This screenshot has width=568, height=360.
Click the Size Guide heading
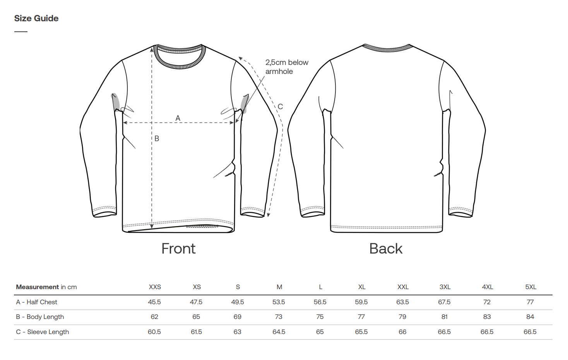pos(36,18)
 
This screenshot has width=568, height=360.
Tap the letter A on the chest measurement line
pos(178,118)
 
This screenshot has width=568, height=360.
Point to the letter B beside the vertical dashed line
pos(157,138)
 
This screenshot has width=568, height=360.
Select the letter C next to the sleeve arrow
pos(280,106)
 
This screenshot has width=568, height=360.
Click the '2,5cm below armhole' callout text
pos(287,67)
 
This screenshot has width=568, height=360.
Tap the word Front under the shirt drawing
pos(178,249)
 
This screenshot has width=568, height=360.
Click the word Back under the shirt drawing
pos(386,249)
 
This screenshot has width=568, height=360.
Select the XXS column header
pos(155,287)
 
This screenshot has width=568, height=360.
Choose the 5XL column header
pos(531,287)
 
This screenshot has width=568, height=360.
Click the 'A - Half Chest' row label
pos(36,302)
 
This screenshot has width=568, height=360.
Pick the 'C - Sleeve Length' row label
pos(42,332)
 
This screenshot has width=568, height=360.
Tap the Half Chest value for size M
pos(279,302)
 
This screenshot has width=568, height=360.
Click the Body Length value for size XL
pos(361,317)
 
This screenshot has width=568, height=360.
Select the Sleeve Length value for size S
pos(237,332)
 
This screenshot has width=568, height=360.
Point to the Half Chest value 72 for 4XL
pos(487,302)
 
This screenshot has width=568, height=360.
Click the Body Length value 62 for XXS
pos(154,317)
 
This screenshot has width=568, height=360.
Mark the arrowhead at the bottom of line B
pos(152,226)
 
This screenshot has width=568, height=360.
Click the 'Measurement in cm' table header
pos(46,287)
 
